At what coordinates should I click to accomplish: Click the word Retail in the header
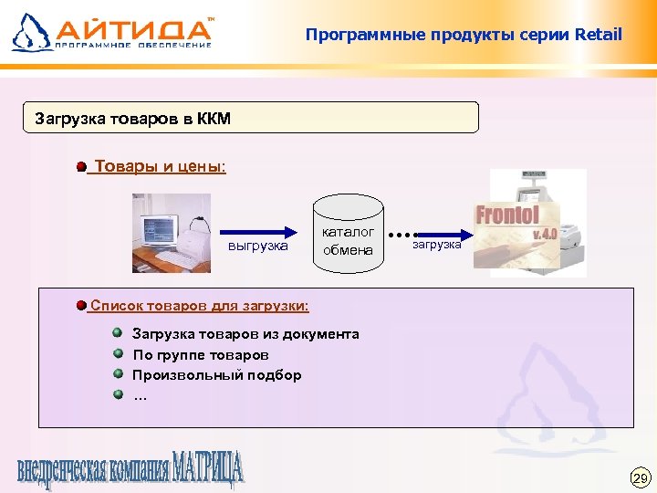[599, 36]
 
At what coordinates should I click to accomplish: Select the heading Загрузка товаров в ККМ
[133, 118]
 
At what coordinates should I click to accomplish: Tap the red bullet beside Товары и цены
[82, 167]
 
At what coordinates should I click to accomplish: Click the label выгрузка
[257, 246]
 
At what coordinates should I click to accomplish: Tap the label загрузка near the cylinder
[437, 245]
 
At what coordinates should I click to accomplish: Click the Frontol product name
[506, 216]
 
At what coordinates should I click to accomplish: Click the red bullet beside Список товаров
[82, 304]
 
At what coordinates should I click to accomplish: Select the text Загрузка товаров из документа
[245, 334]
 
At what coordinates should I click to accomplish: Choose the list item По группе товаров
[201, 354]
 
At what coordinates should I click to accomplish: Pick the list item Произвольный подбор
[217, 374]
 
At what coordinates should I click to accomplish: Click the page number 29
[639, 477]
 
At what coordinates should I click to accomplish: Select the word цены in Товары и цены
[201, 167]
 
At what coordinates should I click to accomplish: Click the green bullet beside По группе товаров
[118, 353]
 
